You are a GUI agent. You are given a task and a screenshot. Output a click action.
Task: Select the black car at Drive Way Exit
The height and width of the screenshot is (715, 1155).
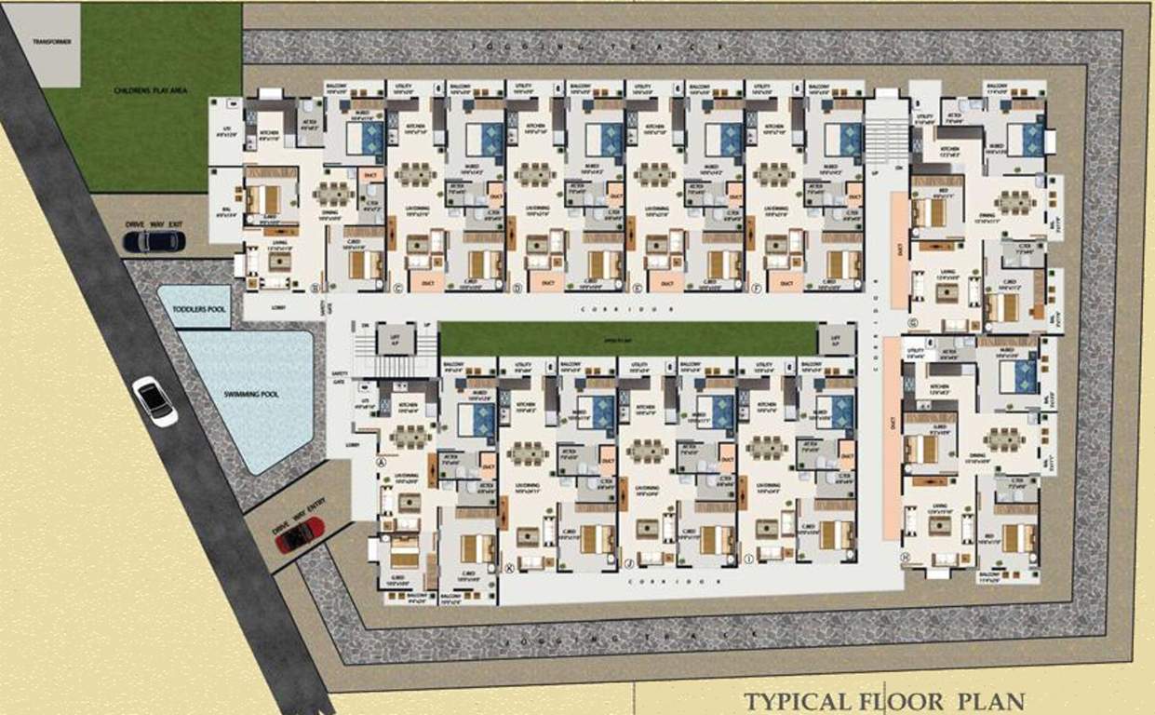[x=154, y=241]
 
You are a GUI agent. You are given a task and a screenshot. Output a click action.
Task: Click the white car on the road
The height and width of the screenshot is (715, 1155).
[x=154, y=401]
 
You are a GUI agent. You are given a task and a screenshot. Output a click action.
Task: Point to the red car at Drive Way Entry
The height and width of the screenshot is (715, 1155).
[x=301, y=534]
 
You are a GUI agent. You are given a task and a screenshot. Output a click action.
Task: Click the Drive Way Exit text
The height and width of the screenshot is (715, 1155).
[x=154, y=224]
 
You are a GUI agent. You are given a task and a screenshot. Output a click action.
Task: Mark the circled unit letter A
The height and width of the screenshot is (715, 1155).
[x=380, y=462]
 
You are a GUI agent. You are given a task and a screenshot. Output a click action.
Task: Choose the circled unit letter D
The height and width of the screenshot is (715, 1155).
[x=517, y=288]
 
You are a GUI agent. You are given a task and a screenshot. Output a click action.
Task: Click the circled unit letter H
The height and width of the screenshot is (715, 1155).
[x=904, y=558]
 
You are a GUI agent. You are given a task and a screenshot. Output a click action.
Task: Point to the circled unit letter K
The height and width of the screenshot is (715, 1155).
[x=508, y=564]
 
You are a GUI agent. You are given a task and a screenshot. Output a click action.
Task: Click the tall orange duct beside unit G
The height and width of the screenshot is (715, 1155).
[x=899, y=250]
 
